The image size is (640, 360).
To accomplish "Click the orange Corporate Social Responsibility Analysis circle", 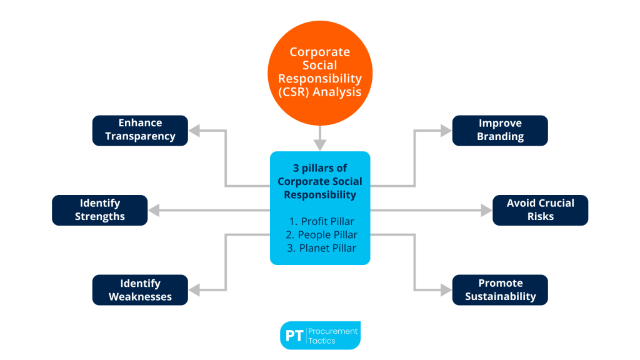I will (320, 72).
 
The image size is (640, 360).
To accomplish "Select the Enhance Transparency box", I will (140, 130).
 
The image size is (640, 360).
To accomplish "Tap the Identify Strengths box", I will (100, 210).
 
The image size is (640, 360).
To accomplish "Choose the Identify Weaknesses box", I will (140, 290).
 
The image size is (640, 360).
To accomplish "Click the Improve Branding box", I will (500, 130).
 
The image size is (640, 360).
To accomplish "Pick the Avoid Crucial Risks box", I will (540, 210).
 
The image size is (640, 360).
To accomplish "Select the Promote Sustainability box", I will (500, 290).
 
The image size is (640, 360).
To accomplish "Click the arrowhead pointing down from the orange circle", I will (320, 145).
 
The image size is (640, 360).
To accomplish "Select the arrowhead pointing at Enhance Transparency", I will (194, 131).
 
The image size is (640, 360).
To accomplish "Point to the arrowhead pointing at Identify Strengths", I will (154, 211).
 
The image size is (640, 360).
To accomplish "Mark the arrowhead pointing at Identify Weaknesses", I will (194, 290).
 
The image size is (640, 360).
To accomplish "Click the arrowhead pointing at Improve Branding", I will (446, 131).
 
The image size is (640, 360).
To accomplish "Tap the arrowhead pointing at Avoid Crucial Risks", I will (486, 211).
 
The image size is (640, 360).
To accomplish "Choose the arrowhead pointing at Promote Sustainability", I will (446, 290).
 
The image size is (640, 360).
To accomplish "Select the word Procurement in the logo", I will (333, 331).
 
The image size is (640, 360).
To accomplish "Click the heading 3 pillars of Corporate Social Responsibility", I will (320, 181).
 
